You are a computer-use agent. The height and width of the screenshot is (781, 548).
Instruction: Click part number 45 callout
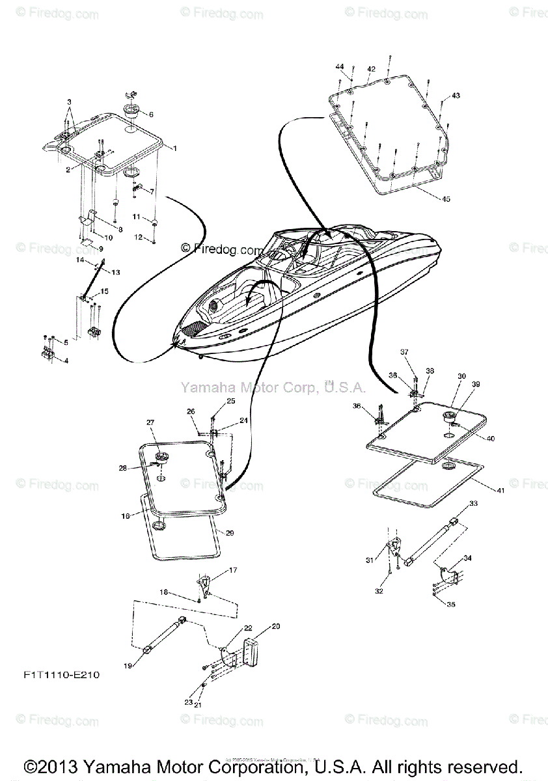click(x=445, y=199)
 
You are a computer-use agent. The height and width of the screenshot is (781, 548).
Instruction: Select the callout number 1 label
click(x=174, y=148)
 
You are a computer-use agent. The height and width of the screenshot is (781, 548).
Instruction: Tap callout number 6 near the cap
click(x=151, y=115)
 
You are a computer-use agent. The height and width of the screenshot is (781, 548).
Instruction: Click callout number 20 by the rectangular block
click(x=276, y=626)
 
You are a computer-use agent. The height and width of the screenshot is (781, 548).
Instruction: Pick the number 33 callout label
click(x=473, y=503)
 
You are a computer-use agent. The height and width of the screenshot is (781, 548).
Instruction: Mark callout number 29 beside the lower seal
click(x=229, y=532)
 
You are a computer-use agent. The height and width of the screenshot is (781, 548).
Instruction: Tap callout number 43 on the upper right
click(x=456, y=96)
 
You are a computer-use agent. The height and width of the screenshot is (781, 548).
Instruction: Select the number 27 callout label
click(x=150, y=422)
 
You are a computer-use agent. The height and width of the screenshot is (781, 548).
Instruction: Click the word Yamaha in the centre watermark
click(x=203, y=388)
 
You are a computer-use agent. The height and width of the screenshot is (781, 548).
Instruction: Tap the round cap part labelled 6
click(x=130, y=107)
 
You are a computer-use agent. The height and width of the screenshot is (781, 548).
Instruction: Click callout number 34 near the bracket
click(x=468, y=558)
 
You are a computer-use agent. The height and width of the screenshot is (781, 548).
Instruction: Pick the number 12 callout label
click(x=137, y=238)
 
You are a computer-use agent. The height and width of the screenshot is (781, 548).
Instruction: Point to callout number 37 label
click(x=404, y=352)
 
